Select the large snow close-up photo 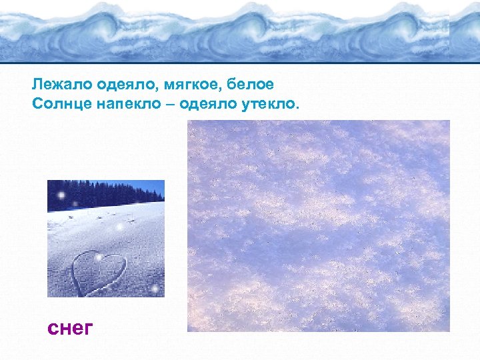(319, 225)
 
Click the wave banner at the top (240, 30)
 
